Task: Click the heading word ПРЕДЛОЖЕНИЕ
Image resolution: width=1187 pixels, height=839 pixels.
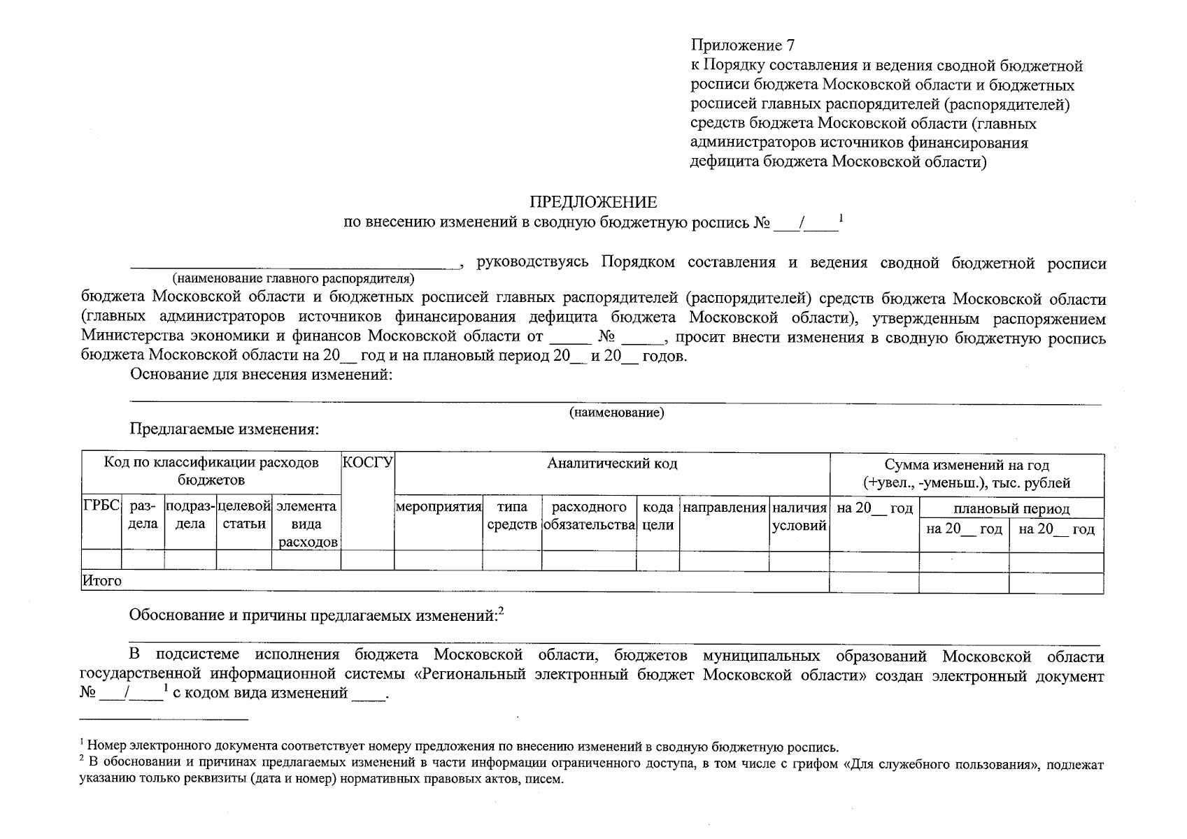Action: pyautogui.click(x=593, y=203)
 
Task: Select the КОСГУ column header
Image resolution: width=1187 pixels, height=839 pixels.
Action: pyautogui.click(x=367, y=463)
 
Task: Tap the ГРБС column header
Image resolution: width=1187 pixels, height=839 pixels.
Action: pyautogui.click(x=101, y=507)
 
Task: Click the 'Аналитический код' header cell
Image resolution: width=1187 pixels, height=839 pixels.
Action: pyautogui.click(x=612, y=464)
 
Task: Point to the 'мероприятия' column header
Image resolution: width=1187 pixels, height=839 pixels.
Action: pyautogui.click(x=439, y=507)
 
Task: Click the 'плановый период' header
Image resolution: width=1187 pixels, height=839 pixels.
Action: pyautogui.click(x=1011, y=508)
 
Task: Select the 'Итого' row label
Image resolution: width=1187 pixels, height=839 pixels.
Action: pyautogui.click(x=102, y=581)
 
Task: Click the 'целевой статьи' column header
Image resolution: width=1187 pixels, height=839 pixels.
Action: pyautogui.click(x=243, y=515)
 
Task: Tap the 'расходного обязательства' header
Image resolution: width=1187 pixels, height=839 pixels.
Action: pyautogui.click(x=588, y=516)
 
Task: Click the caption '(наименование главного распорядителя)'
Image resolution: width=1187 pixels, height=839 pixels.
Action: pyautogui.click(x=293, y=279)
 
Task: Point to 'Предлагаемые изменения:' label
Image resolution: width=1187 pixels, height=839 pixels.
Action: pyautogui.click(x=224, y=429)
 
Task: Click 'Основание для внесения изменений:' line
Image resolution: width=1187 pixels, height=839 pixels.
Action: pyautogui.click(x=260, y=375)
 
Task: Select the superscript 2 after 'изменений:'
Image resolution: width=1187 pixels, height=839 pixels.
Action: pyautogui.click(x=500, y=610)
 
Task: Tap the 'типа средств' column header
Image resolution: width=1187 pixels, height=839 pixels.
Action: pyautogui.click(x=511, y=516)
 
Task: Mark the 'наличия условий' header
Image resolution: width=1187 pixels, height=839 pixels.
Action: pyautogui.click(x=799, y=516)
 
